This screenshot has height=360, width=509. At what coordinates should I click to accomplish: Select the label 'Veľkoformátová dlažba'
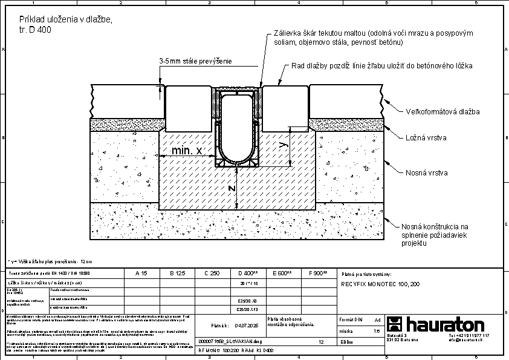pyautogui.click(x=442, y=112)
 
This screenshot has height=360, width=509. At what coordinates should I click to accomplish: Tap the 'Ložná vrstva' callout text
pyautogui.click(x=426, y=138)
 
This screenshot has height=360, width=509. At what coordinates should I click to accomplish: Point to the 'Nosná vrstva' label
pyautogui.click(x=426, y=173)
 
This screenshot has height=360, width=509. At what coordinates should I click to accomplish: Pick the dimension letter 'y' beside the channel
pyautogui.click(x=283, y=144)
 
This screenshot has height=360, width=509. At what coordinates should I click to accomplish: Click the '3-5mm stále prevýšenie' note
pyautogui.click(x=195, y=62)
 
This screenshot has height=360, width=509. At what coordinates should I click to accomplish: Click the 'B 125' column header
pyautogui.click(x=177, y=273)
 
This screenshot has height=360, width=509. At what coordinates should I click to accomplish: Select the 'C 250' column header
pyautogui.click(x=212, y=273)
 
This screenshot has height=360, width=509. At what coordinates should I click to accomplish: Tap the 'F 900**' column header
pyautogui.click(x=318, y=273)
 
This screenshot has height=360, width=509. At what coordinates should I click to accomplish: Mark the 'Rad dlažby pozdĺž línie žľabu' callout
pyautogui.click(x=381, y=65)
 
